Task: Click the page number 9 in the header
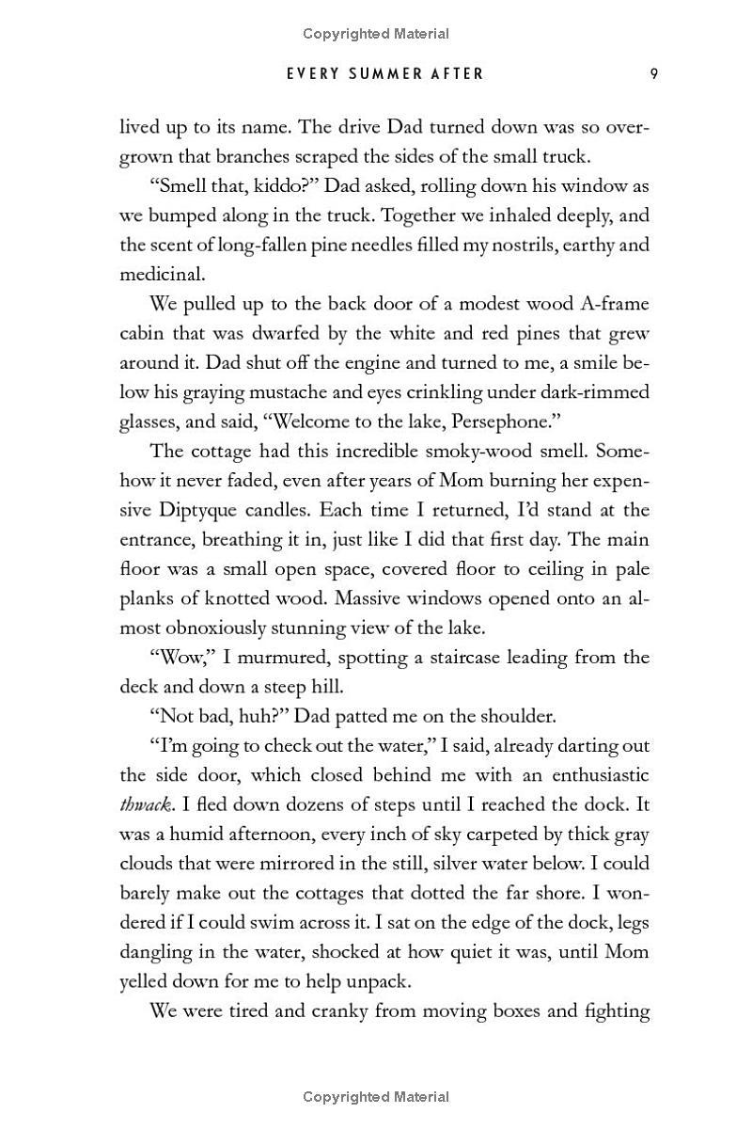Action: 652,73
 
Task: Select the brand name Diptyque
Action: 207,510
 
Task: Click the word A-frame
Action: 613,304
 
